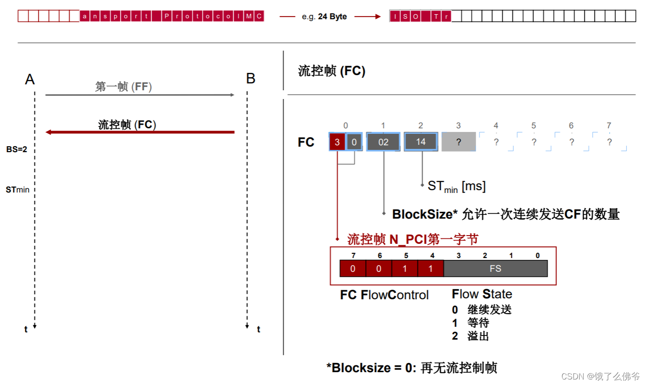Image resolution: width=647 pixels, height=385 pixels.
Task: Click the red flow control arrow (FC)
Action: (140, 132)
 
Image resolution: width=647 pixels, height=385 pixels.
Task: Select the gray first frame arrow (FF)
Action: (140, 95)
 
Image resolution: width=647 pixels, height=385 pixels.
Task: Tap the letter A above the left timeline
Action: (30, 79)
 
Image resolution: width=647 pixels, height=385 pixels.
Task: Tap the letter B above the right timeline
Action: (251, 79)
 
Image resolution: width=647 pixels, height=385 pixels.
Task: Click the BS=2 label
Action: (17, 149)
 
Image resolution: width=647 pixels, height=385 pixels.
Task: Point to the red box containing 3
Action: (337, 142)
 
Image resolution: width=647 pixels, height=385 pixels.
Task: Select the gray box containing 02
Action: (383, 142)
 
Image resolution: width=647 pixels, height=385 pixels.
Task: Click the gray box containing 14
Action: (421, 142)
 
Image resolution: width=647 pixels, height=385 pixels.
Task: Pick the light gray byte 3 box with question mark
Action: (458, 142)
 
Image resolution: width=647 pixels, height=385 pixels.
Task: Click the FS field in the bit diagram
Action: (495, 269)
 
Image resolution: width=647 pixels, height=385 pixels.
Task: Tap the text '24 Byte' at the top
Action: (332, 16)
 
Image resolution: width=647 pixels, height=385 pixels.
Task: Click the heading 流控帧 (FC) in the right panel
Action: (332, 71)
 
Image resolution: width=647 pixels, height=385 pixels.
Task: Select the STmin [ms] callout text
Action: (456, 186)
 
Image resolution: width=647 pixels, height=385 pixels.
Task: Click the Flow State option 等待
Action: (478, 323)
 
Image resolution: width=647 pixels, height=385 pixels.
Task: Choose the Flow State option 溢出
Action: (478, 336)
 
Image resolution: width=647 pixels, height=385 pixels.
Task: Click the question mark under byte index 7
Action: (609, 142)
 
